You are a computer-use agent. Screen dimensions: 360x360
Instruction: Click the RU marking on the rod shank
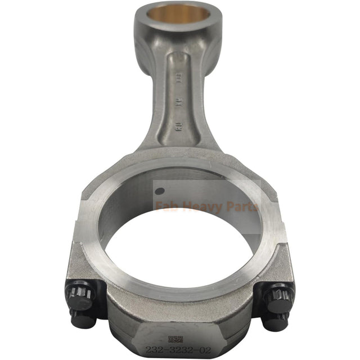(x=178, y=125)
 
